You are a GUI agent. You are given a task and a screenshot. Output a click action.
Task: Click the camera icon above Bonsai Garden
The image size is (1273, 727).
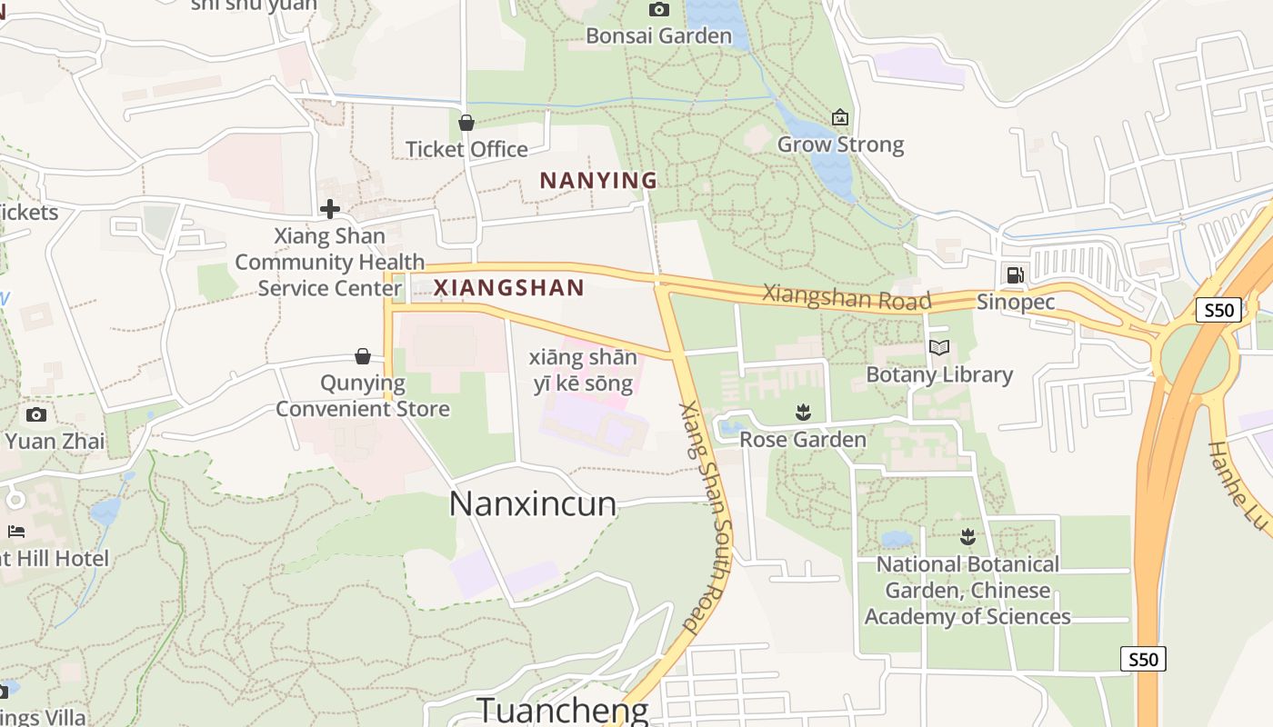coord(658,10)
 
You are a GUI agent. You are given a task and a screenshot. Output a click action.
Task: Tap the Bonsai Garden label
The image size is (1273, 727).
coord(658,36)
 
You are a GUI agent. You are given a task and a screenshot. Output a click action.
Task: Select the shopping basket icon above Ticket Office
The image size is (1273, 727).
coord(466,123)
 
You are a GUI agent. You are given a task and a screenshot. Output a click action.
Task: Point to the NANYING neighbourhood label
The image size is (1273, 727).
coord(598,180)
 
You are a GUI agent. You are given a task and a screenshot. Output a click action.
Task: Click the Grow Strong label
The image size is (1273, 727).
coord(840,144)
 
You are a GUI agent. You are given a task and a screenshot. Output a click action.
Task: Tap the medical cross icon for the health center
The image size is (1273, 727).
coord(329,210)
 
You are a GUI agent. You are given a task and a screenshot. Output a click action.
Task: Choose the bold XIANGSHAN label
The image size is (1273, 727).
coord(508,288)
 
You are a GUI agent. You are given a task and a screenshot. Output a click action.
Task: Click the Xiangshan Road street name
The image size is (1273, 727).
coord(847,297)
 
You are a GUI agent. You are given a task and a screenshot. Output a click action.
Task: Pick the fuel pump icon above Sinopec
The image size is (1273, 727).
coord(1015,274)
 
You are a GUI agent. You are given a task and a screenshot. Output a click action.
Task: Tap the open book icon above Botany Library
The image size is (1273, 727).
coord(939,347)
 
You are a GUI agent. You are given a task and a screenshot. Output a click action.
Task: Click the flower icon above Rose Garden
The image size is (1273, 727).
coord(803,413)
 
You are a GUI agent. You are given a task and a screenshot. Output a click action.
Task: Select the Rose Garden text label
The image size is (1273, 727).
coord(803,440)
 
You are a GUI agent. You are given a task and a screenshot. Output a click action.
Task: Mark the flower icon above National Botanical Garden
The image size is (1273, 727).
coord(967,537)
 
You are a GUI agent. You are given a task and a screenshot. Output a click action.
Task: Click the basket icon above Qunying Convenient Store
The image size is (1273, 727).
coord(363,356)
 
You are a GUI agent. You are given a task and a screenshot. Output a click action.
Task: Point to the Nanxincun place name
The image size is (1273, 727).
coord(533,503)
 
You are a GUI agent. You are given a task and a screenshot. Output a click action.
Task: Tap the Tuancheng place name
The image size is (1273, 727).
coord(563,710)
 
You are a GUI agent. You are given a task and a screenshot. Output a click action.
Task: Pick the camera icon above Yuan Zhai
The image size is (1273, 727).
coord(36,415)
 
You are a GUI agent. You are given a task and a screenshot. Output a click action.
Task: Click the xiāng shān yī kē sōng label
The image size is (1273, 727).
coord(583,371)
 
